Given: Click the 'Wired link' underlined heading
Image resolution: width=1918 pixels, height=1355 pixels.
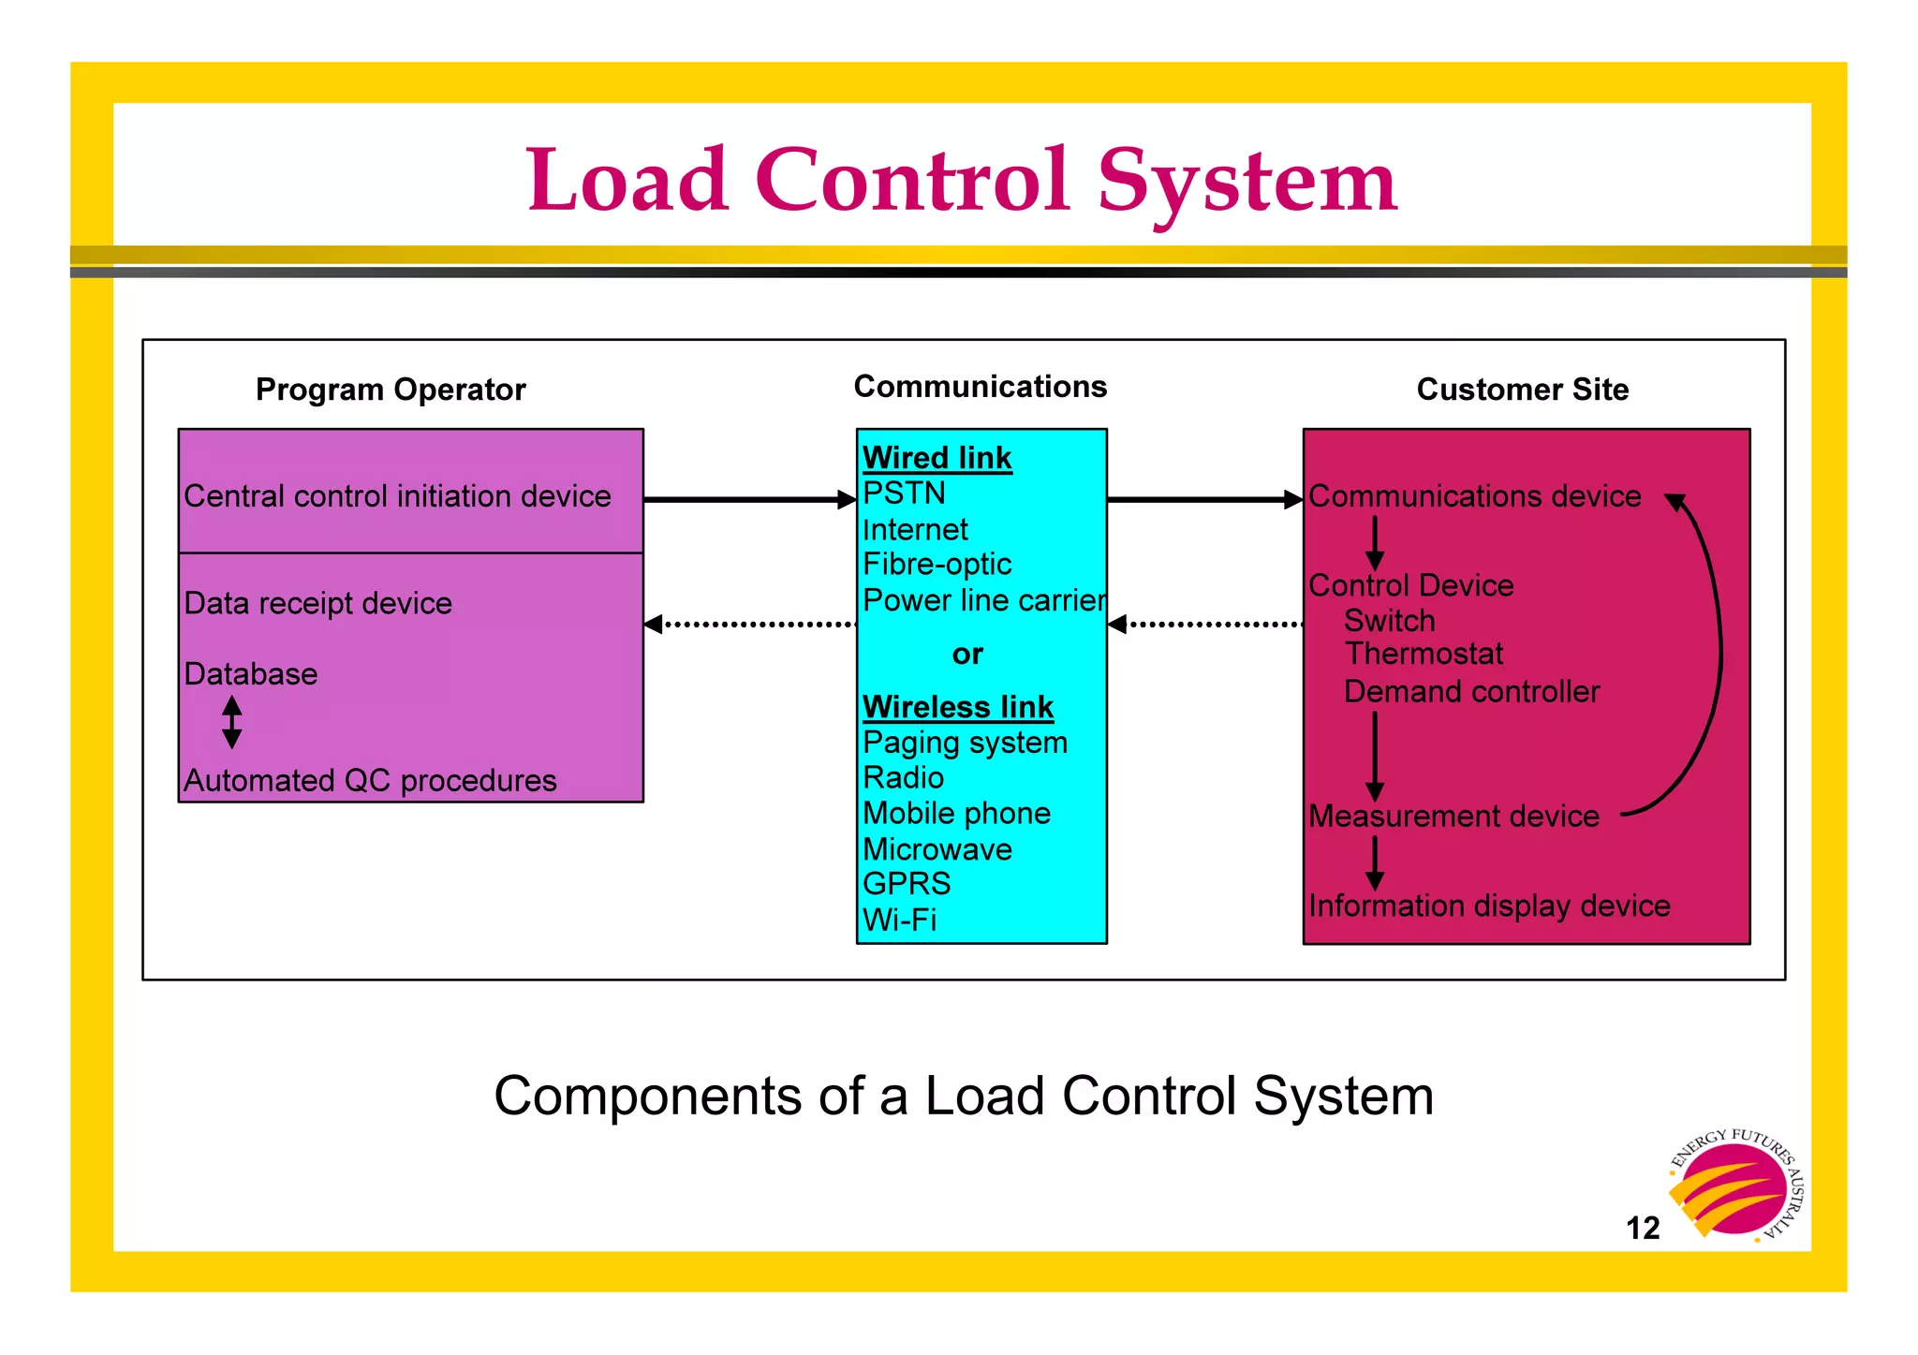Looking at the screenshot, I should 937,458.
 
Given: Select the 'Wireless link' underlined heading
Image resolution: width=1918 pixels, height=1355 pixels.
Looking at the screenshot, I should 957,707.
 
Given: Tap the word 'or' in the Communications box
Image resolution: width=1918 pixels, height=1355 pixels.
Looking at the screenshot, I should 967,654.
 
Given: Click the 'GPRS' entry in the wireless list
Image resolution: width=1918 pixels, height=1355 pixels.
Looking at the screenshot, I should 906,884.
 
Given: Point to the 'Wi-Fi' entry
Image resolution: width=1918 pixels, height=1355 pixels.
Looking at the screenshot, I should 899,920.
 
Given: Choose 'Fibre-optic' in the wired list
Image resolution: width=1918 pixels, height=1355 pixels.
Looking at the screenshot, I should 937,565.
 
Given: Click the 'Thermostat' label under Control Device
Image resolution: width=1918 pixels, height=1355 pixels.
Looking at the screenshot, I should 1424,654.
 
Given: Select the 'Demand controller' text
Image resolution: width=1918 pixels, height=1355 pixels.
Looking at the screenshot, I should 1471,692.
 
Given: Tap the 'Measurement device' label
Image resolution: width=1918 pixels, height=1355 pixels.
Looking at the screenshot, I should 1453,817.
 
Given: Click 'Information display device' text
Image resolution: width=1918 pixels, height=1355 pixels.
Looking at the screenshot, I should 1489,906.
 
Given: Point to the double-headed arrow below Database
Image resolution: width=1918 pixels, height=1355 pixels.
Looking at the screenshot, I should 232,722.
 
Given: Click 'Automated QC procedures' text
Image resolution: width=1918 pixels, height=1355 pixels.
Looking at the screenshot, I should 370,780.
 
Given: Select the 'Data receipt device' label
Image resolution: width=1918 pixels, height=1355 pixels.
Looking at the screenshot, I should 317,603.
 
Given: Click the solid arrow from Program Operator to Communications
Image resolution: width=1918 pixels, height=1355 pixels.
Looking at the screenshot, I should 749,500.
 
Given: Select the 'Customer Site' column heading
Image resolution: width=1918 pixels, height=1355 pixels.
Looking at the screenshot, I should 1522,390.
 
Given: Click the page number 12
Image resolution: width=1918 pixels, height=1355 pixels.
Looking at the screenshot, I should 1643,1228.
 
